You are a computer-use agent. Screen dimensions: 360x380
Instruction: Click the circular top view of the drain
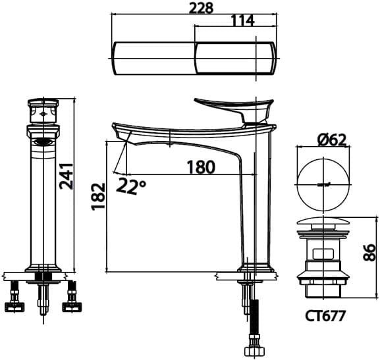tap(322, 182)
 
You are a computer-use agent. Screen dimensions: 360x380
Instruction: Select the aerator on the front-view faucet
tap(43, 141)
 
